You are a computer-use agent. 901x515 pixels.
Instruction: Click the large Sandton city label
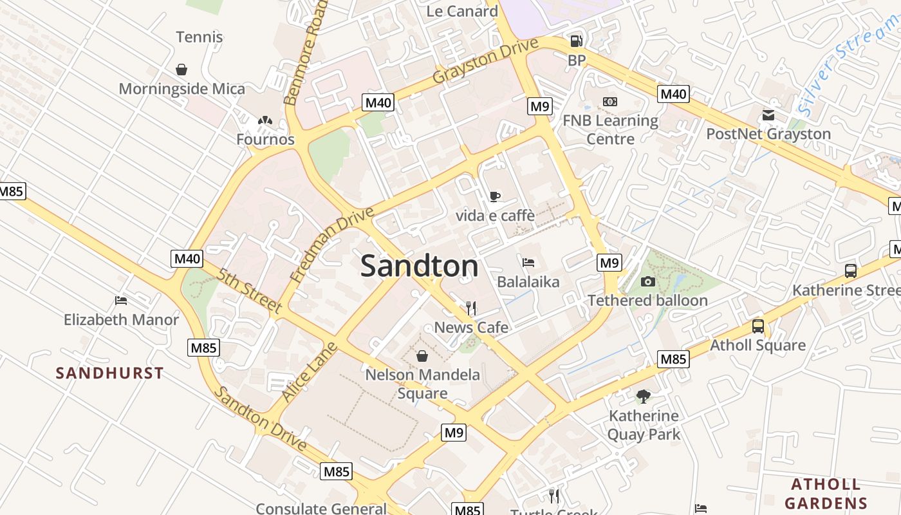pyautogui.click(x=419, y=266)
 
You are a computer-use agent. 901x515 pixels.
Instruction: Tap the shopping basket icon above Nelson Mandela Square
pyautogui.click(x=422, y=355)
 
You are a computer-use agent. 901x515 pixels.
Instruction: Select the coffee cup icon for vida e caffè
pyautogui.click(x=494, y=196)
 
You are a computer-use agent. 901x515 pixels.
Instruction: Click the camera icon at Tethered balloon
pyautogui.click(x=647, y=281)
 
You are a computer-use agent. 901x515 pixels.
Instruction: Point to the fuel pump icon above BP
pyautogui.click(x=576, y=41)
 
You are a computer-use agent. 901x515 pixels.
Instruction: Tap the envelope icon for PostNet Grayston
pyautogui.click(x=768, y=115)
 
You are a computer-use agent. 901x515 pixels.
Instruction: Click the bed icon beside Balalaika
pyautogui.click(x=528, y=262)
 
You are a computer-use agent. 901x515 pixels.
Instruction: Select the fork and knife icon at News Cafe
pyautogui.click(x=471, y=308)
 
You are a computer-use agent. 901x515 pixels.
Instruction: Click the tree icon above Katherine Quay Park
pyautogui.click(x=643, y=396)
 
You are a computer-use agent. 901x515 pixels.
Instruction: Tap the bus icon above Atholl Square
pyautogui.click(x=758, y=326)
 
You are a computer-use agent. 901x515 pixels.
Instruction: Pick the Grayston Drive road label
pyautogui.click(x=485, y=61)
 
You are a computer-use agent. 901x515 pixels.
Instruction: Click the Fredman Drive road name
pyautogui.click(x=331, y=245)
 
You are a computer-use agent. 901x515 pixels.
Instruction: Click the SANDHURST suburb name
pyautogui.click(x=109, y=373)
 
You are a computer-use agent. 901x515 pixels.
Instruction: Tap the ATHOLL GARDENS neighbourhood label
pyautogui.click(x=826, y=494)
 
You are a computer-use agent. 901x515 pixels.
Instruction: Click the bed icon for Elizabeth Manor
pyautogui.click(x=120, y=300)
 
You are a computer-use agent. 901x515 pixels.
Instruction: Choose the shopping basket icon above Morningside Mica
pyautogui.click(x=181, y=69)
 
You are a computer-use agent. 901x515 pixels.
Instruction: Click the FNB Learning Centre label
pyautogui.click(x=610, y=129)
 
